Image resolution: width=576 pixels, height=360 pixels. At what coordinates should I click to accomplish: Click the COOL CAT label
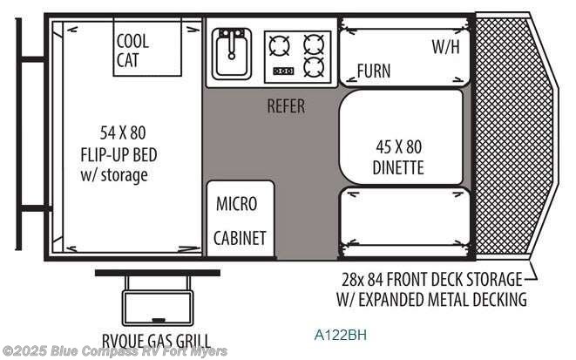click(x=133, y=50)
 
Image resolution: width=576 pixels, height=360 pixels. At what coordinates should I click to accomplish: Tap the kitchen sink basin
click(x=232, y=54)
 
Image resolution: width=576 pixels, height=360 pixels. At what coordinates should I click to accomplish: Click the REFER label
click(x=286, y=106)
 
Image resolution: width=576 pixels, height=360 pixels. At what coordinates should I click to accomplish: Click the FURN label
click(x=373, y=71)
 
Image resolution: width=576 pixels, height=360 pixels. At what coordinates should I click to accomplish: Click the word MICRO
click(x=236, y=204)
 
